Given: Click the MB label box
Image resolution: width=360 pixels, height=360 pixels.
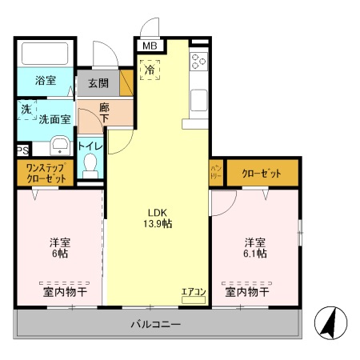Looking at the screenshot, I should coord(150,46).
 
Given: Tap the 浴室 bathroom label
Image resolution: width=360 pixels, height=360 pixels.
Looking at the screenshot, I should coord(45,81).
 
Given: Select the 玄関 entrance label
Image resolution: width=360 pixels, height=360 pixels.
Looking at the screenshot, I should coord(98,83).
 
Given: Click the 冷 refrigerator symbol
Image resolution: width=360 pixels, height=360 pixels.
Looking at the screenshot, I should coord(150,70).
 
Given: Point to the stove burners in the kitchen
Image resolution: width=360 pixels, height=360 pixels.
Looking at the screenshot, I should coord(198,61).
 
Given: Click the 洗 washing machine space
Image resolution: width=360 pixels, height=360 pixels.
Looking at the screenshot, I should coord(26,110).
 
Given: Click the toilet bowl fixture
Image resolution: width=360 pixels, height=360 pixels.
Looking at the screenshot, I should coord(90,167).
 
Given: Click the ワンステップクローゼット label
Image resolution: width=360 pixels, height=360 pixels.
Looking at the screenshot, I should coord(45,173).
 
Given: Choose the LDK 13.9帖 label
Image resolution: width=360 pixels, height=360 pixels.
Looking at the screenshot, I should coord(157,218).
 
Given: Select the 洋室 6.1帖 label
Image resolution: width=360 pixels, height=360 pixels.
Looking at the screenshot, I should coord(256,246).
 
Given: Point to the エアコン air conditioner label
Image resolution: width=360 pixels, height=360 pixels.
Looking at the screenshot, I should coord(194,291).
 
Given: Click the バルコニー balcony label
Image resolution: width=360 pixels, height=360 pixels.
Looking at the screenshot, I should coord(156,325).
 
